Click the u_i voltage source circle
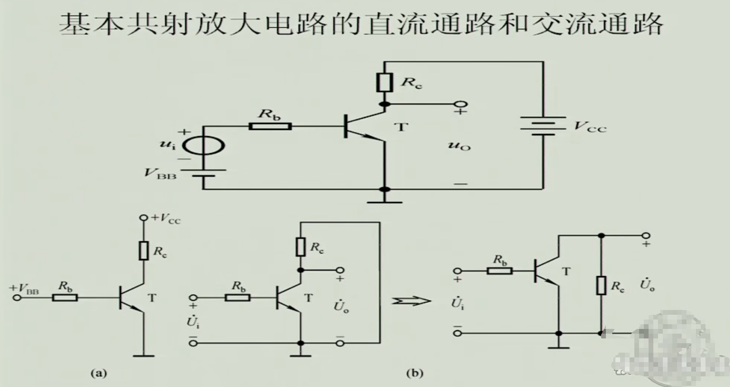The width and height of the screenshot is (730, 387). pyautogui.click(x=204, y=145)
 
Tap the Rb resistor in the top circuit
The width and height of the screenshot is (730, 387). pyautogui.click(x=270, y=126)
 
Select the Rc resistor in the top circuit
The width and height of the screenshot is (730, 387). pyautogui.click(x=384, y=83)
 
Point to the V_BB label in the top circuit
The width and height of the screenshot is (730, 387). pyautogui.click(x=160, y=173)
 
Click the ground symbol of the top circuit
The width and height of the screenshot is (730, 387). pyautogui.click(x=384, y=201)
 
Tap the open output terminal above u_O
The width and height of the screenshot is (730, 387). pyautogui.click(x=460, y=104)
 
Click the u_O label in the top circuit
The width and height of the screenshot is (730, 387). pyautogui.click(x=459, y=146)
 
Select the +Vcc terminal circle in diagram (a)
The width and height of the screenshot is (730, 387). pyautogui.click(x=144, y=218)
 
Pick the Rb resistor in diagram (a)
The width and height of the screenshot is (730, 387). pyautogui.click(x=65, y=297)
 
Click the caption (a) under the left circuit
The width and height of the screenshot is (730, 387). pyautogui.click(x=98, y=373)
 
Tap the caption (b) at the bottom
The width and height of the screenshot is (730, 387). pyautogui.click(x=415, y=373)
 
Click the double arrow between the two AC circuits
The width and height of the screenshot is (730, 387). pyautogui.click(x=411, y=301)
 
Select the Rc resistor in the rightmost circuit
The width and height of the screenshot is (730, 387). pyautogui.click(x=601, y=285)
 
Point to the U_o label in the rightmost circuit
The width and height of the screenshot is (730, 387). pyautogui.click(x=647, y=285)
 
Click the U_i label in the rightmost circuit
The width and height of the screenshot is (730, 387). pyautogui.click(x=458, y=303)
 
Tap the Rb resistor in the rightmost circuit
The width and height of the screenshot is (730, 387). pyautogui.click(x=500, y=271)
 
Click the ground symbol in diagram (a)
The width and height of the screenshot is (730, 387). pyautogui.click(x=143, y=355)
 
